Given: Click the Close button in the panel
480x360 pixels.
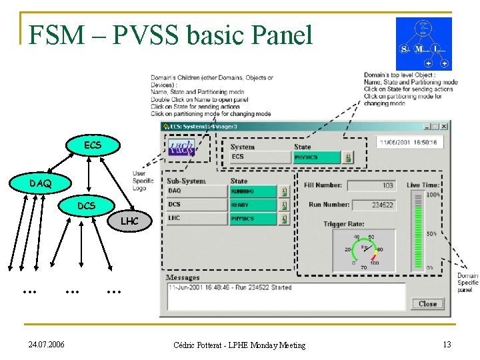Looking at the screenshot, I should pyautogui.click(x=427, y=304).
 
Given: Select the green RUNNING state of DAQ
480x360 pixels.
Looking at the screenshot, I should pyautogui.click(x=253, y=191).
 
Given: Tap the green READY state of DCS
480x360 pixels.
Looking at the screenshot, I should pyautogui.click(x=253, y=205).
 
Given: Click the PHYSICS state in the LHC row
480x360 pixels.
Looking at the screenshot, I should pyautogui.click(x=253, y=219).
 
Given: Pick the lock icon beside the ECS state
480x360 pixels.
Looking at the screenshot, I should pyautogui.click(x=348, y=158).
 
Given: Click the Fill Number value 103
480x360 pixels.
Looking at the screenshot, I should pyautogui.click(x=371, y=185).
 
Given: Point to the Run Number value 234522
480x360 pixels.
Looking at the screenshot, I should pyautogui.click(x=373, y=205).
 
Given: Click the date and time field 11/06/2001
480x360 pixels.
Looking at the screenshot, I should pyautogui.click(x=408, y=143).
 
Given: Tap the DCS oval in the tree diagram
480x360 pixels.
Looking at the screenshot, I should pyautogui.click(x=86, y=206).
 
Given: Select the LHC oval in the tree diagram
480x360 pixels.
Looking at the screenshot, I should pyautogui.click(x=129, y=221).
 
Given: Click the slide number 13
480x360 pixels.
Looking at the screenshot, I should pyautogui.click(x=446, y=344).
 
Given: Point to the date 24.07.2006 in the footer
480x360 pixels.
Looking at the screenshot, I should pyautogui.click(x=47, y=345).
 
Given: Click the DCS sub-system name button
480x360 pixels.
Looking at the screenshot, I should pyautogui.click(x=197, y=205).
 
